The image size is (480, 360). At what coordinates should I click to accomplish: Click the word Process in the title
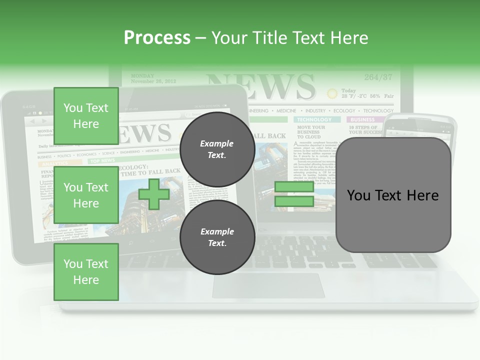point(157,38)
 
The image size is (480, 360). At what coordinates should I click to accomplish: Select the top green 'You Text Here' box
point(86,116)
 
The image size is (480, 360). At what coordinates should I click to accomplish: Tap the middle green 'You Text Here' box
point(86,195)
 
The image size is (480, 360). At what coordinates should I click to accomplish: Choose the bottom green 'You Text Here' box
point(86,272)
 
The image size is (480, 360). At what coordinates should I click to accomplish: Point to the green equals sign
point(294,194)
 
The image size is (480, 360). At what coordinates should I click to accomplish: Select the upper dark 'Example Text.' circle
point(217,149)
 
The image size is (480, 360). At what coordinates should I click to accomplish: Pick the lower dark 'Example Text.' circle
point(217,237)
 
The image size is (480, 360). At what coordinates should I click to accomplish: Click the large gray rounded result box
point(393,195)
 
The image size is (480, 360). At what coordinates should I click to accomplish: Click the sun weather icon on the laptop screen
point(332,93)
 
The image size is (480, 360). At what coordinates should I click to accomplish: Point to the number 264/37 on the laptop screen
point(378,77)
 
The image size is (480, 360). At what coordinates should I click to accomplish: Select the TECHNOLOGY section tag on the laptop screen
point(314,120)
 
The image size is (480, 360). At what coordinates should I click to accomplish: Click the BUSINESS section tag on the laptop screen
point(362,120)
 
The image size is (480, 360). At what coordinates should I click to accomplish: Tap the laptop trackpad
point(268,285)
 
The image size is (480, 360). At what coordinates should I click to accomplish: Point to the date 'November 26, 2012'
point(153,81)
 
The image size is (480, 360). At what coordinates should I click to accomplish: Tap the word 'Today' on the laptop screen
point(348,90)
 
